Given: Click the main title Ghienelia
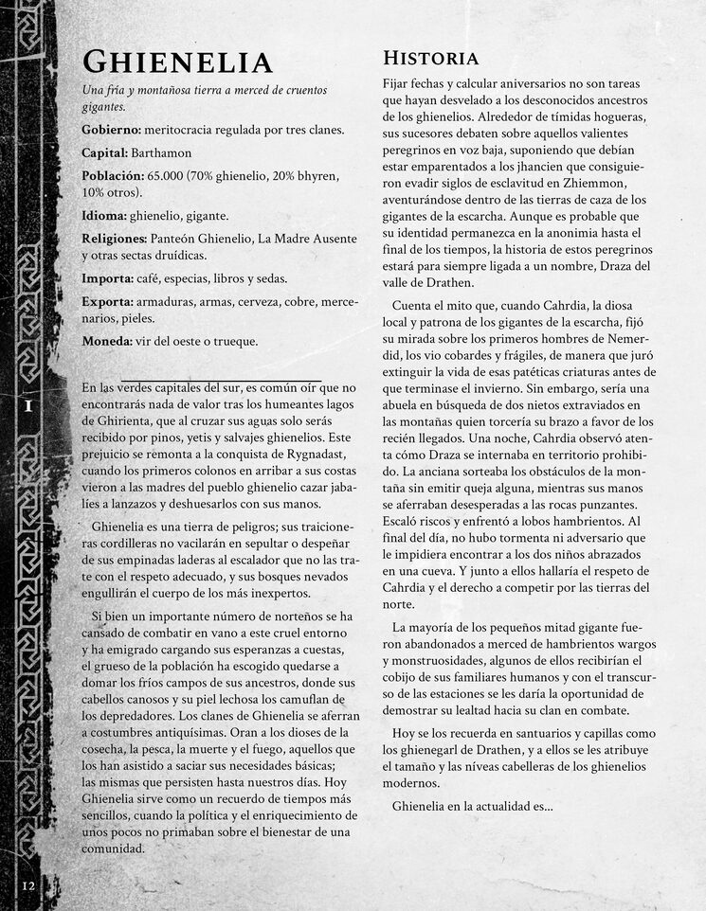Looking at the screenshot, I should [177, 63].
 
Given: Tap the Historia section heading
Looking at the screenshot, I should [429, 58].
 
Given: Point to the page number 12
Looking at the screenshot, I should [28, 885].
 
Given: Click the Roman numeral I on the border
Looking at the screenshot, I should [28, 405].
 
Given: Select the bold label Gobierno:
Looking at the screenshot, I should [112, 130].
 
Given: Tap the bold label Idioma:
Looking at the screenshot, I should [104, 216].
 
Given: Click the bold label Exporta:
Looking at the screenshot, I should [107, 301].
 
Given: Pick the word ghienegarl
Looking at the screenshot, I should [429, 751].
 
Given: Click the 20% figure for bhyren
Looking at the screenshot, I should [262, 175].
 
